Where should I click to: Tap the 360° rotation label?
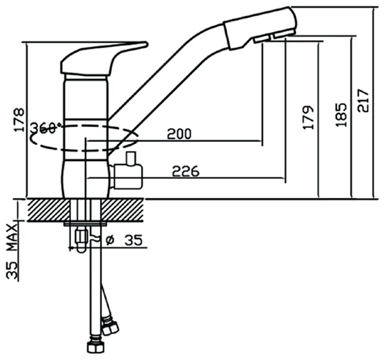pos(44,128)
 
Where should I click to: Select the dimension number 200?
pos(179,134)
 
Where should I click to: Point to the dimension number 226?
pos(186,172)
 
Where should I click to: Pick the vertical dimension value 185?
pos(342,114)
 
